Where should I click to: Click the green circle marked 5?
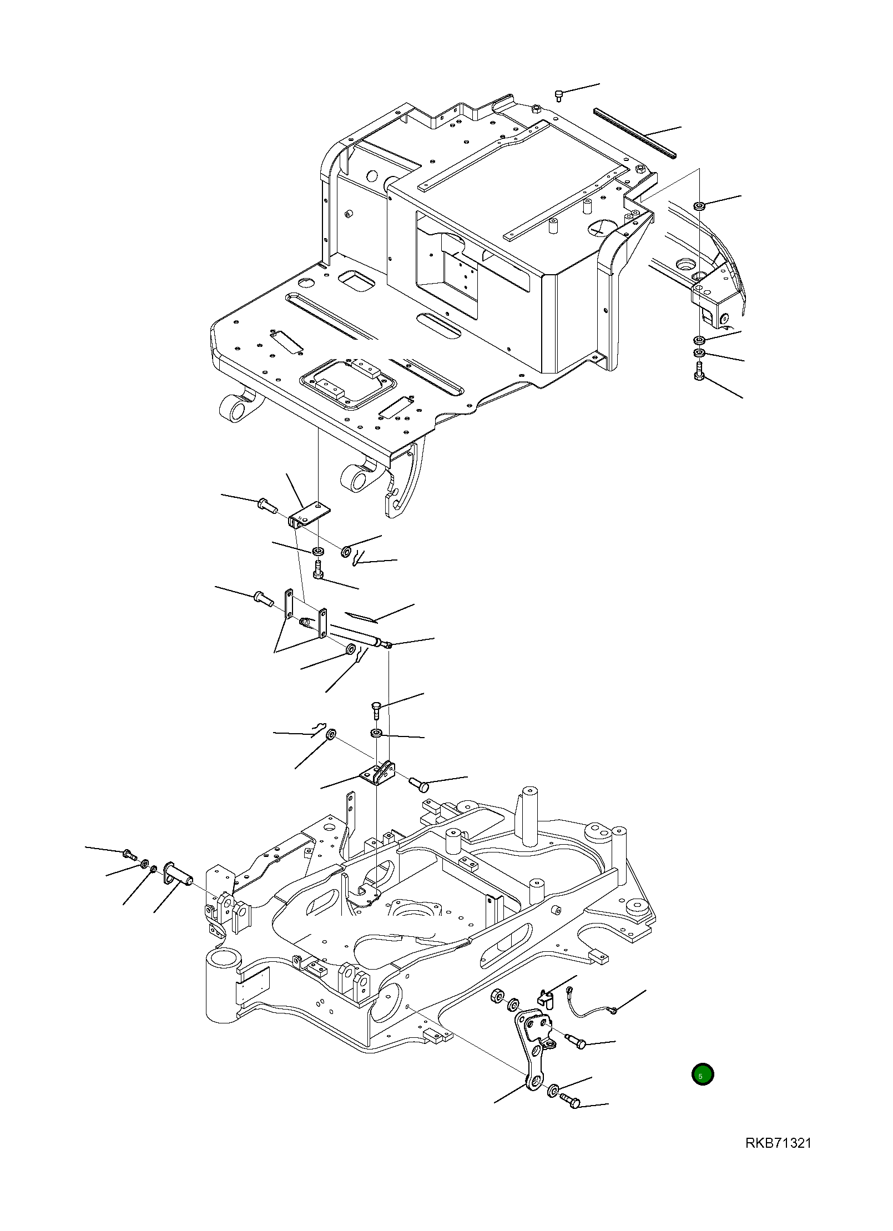pyautogui.click(x=702, y=1074)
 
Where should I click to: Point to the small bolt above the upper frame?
pyautogui.click(x=559, y=97)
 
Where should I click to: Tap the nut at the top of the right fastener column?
pyautogui.click(x=699, y=206)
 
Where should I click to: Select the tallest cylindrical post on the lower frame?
pyautogui.click(x=530, y=813)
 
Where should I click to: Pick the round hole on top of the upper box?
pyautogui.click(x=601, y=228)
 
